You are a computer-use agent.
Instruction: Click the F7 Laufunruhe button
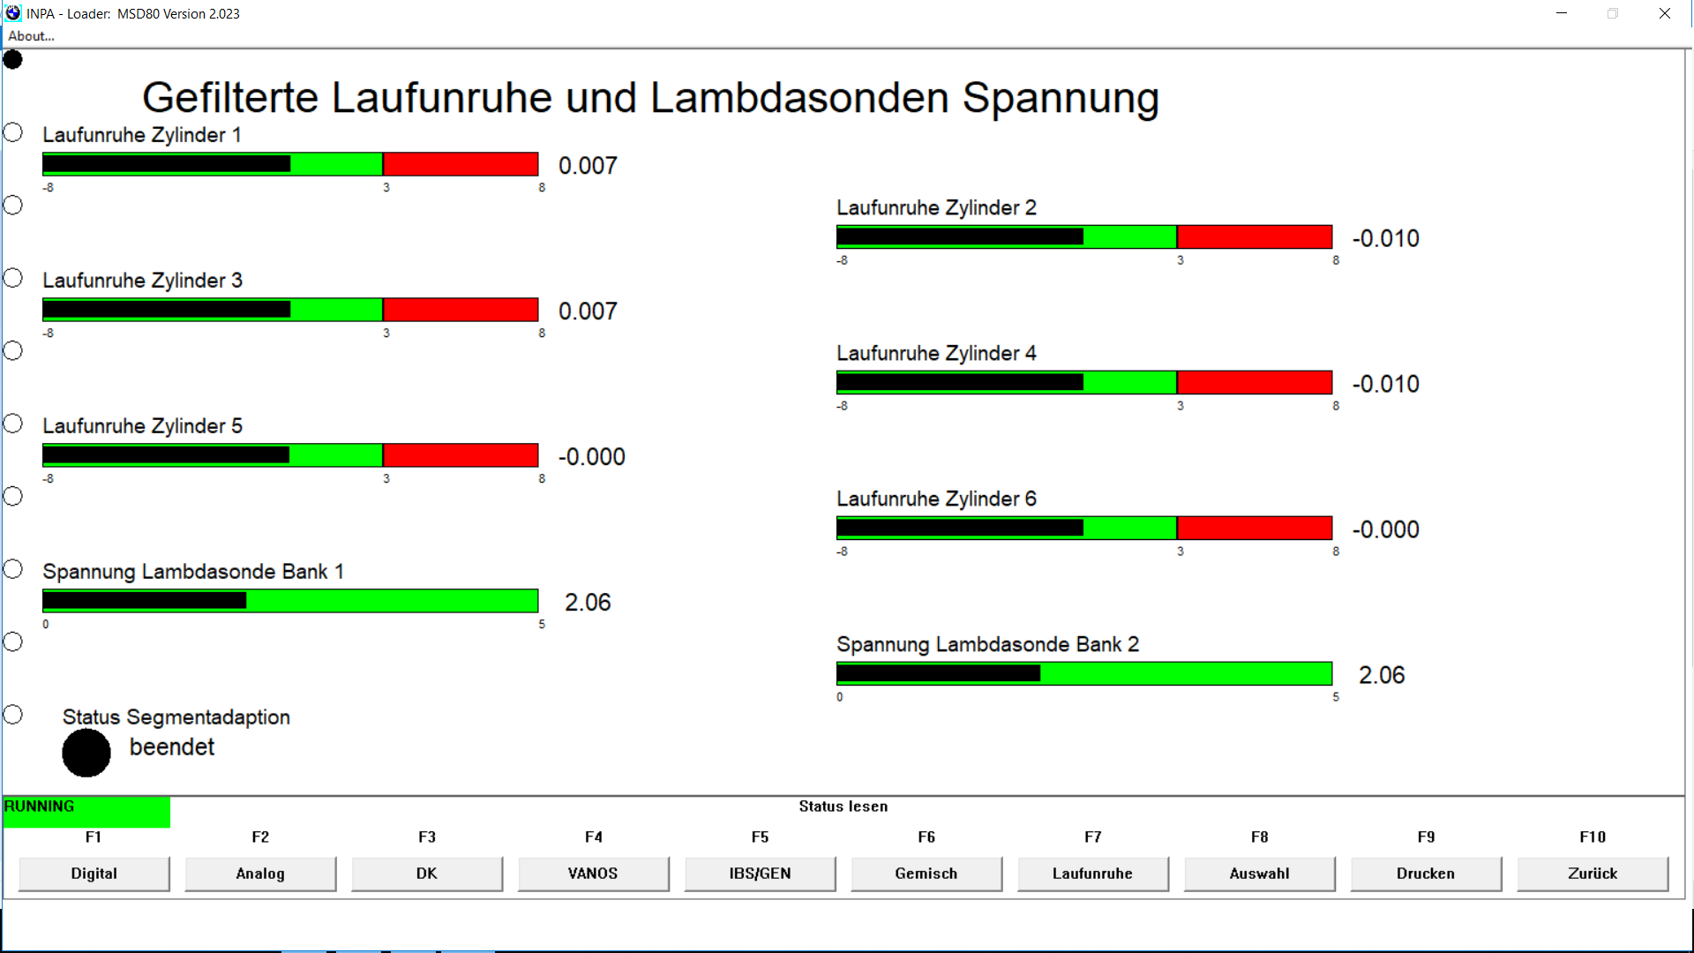[x=1092, y=874]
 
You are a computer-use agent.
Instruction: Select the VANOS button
[x=593, y=874]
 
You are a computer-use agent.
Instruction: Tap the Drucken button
[x=1426, y=874]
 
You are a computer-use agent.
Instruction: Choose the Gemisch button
[x=926, y=874]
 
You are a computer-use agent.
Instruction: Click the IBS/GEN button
[x=760, y=874]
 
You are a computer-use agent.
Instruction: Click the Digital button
[x=94, y=874]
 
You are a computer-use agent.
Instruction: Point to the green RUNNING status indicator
[x=86, y=812]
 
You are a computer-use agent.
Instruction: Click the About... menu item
[x=31, y=36]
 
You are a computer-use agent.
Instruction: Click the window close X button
[x=1665, y=13]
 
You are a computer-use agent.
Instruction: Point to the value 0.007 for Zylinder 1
[x=588, y=166]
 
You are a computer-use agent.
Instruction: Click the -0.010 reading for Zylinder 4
[x=1385, y=384]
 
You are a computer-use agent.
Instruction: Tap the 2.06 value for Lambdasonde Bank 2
[x=1382, y=675]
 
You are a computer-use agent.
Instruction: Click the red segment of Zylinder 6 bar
[x=1255, y=529]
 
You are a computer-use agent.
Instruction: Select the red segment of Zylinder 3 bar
[x=461, y=310]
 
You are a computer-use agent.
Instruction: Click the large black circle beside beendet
[x=86, y=753]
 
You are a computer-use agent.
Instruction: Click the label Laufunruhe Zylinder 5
[x=142, y=426]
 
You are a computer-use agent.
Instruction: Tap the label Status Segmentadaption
[x=176, y=717]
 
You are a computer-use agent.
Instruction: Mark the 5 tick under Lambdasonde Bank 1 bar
[x=542, y=625]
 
